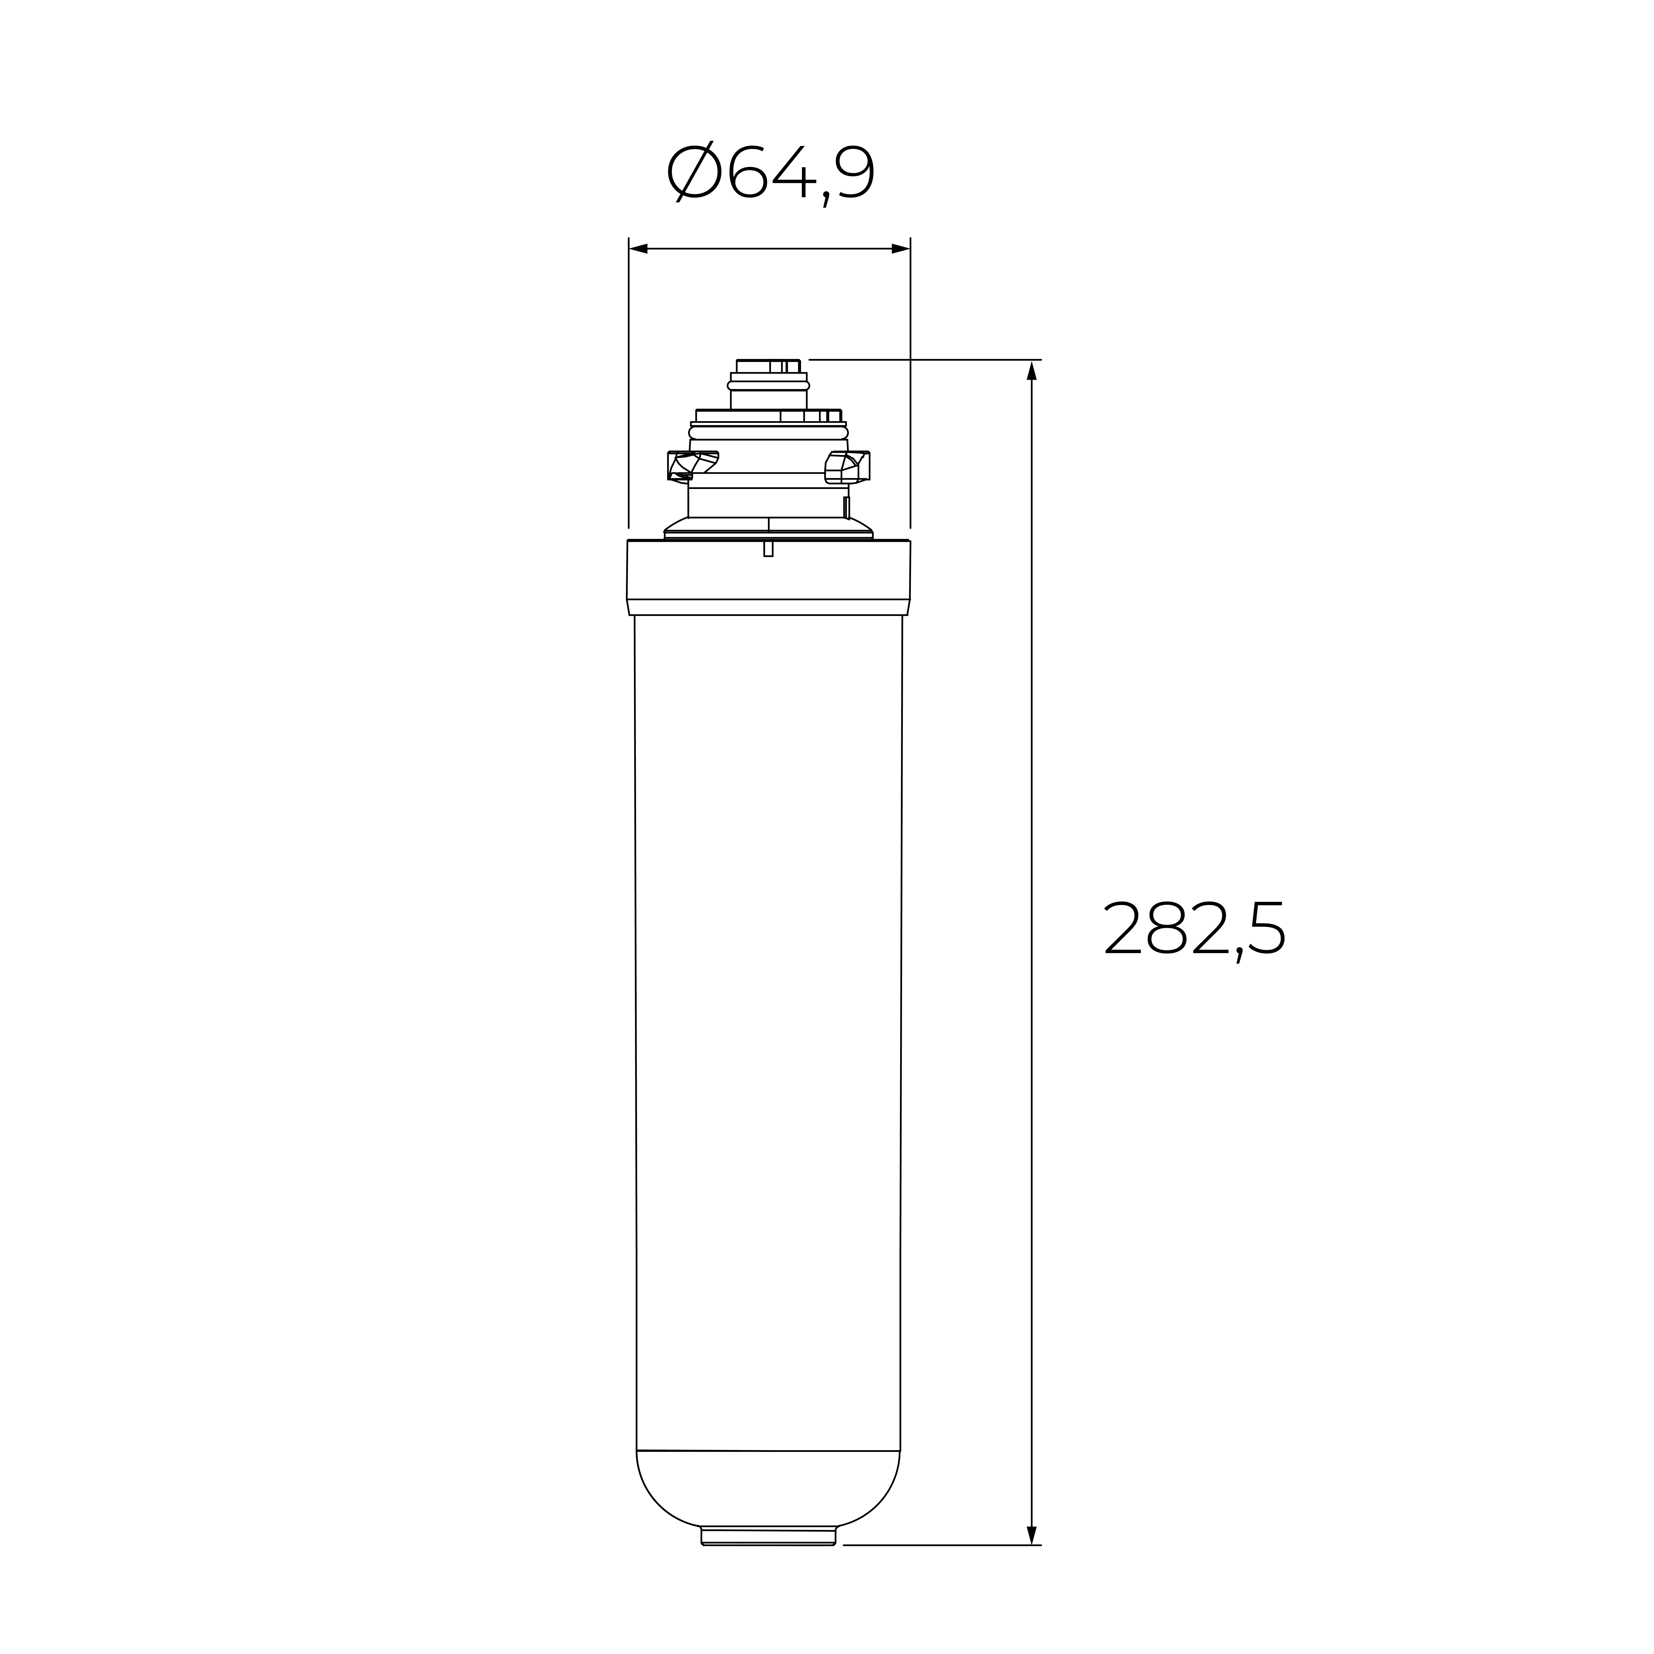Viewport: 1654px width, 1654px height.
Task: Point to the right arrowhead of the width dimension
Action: [901, 249]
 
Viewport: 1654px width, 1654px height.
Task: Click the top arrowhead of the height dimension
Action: [1032, 370]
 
